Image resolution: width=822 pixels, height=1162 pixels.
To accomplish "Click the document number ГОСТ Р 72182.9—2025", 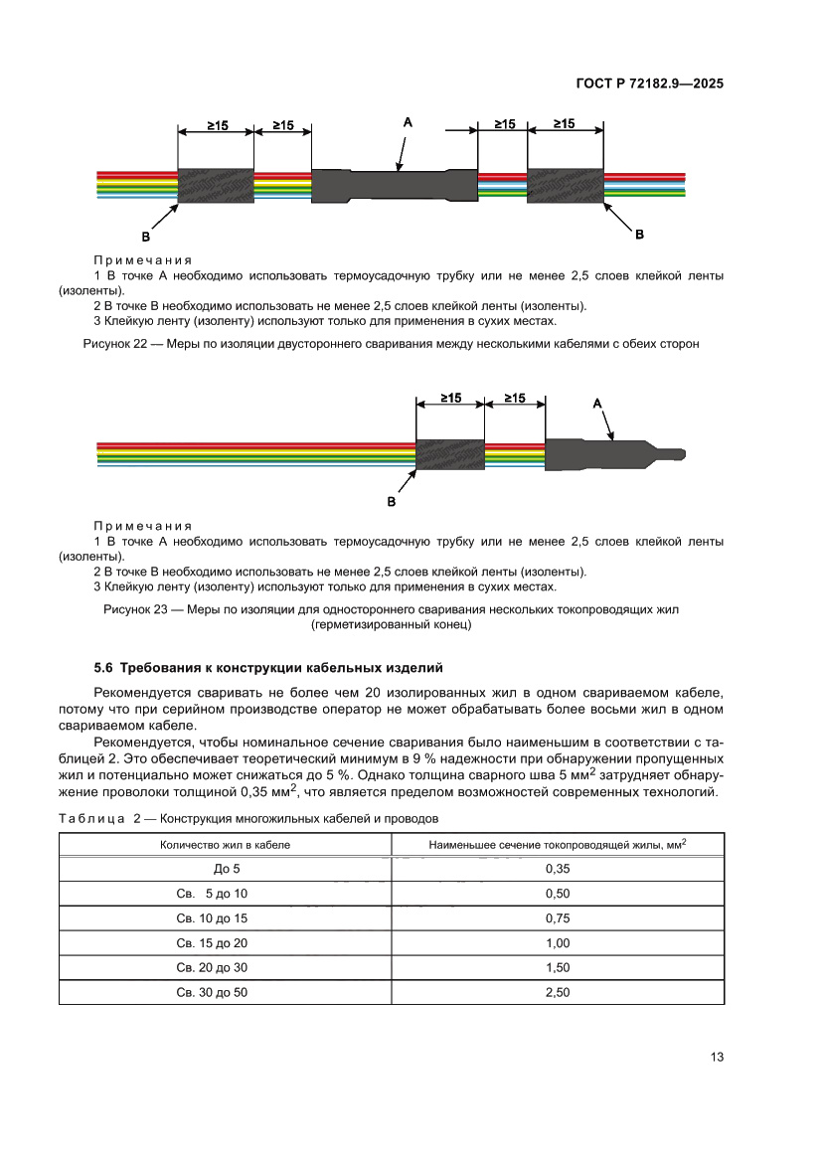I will pos(649,83).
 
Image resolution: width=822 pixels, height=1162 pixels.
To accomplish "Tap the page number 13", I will pos(717,1057).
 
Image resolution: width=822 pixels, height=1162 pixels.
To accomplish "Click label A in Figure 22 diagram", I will pos(408,121).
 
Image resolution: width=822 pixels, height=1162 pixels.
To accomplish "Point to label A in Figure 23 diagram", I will pos(597,403).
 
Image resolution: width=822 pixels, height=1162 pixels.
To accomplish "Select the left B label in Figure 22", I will pos(146,237).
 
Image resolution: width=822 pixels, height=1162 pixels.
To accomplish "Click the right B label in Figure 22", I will pos(639,234).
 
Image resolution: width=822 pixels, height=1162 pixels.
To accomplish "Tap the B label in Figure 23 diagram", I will pos(391,503).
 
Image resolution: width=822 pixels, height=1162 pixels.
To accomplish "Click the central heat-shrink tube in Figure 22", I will pos(395,186).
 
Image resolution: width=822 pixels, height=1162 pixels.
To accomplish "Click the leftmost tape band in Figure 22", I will pos(216,185).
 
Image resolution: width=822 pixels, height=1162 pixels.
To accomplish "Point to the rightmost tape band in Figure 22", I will pos(565,186).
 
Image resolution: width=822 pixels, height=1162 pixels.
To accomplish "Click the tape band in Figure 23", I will pos(449,455).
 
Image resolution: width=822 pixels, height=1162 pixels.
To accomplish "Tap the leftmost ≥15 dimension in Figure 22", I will pos(217,126).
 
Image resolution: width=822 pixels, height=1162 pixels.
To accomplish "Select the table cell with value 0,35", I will pos(558,868).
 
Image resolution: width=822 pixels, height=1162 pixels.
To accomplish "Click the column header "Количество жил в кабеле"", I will pos(226,844).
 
